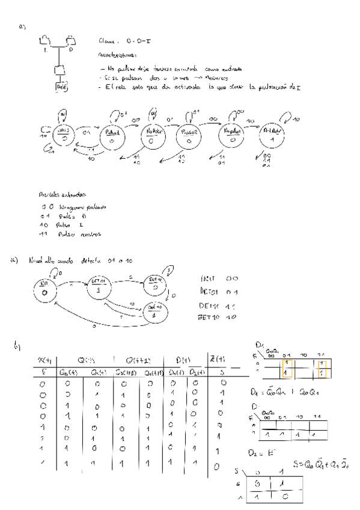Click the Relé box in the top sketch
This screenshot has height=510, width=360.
61,87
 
